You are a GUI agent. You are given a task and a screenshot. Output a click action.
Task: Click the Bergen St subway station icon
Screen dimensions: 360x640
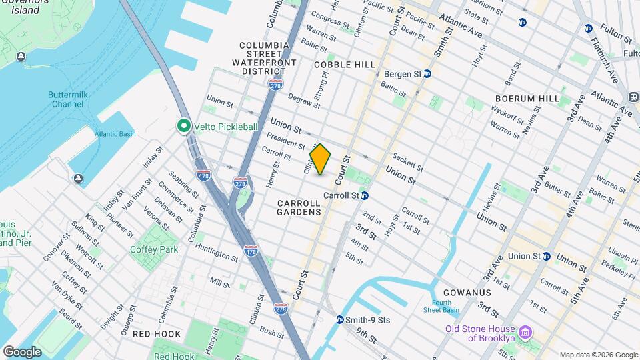click(427, 74)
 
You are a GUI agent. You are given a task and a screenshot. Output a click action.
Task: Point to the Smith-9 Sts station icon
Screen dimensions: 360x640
click(340, 320)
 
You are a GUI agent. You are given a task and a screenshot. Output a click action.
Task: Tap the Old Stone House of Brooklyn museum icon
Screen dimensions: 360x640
click(525, 331)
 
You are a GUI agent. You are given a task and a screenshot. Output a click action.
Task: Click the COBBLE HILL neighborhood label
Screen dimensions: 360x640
click(345, 64)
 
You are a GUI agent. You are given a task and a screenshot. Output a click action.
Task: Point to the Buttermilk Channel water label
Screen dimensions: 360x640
click(75, 99)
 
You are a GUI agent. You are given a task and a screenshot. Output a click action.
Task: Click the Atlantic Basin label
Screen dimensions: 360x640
click(115, 134)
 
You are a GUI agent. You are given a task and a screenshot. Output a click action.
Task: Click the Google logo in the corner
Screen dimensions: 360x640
click(22, 351)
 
